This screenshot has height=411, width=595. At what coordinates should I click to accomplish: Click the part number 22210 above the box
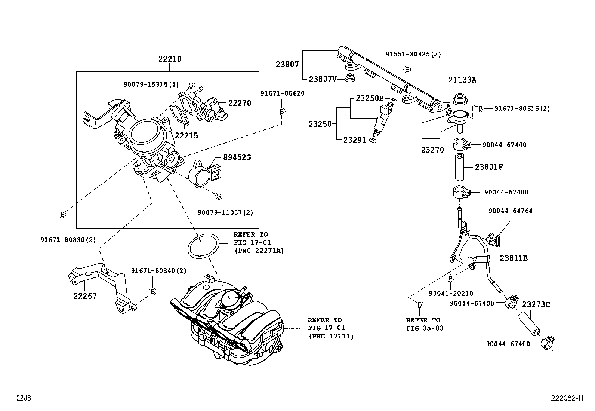169,59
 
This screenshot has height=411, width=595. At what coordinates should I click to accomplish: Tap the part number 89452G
237,157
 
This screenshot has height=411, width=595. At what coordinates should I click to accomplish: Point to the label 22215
186,136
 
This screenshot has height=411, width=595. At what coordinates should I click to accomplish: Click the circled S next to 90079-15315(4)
191,85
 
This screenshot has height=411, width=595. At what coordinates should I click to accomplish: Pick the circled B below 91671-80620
282,111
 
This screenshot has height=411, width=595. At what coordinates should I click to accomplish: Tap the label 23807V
323,79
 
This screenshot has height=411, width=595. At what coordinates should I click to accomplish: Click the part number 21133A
462,80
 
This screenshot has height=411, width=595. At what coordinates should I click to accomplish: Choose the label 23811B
514,258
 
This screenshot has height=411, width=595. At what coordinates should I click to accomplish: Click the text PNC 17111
330,336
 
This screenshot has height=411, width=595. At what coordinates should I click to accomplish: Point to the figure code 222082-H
567,398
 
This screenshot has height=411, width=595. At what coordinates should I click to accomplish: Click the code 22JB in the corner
23,398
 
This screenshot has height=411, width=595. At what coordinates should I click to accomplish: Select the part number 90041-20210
451,294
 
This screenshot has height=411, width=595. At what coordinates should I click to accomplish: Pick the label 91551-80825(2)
413,54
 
